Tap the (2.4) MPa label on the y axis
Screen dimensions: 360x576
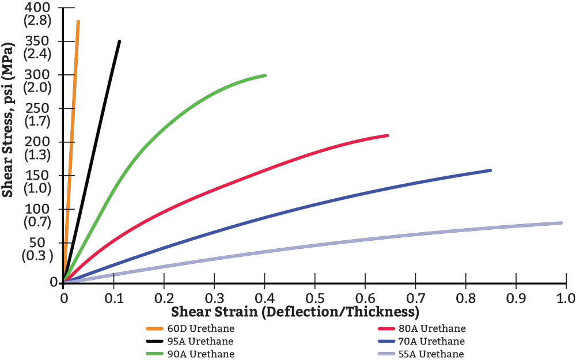tap(36, 54)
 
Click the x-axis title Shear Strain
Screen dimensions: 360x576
tap(294, 313)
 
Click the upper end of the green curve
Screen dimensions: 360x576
tap(264, 75)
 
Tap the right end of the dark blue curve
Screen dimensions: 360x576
tap(490, 170)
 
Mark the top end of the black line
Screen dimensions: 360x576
tap(119, 41)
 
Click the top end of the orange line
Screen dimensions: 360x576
tap(78, 22)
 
